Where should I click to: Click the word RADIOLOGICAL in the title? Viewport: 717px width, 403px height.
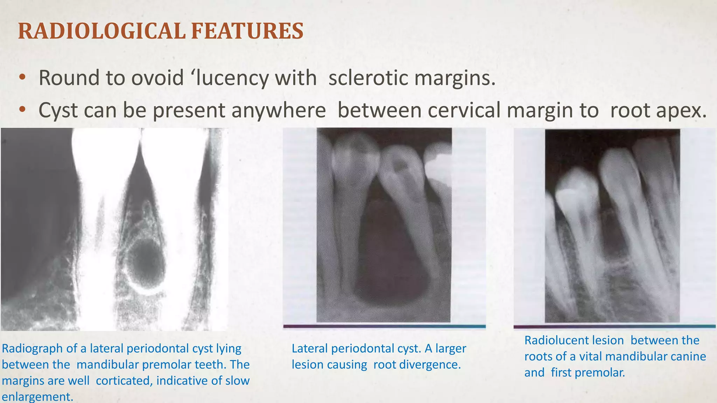[x=102, y=31]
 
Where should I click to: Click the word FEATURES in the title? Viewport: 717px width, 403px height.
[x=247, y=31]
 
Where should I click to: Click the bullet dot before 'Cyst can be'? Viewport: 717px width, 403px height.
[x=22, y=110]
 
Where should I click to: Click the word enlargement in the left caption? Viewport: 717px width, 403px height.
[x=37, y=397]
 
